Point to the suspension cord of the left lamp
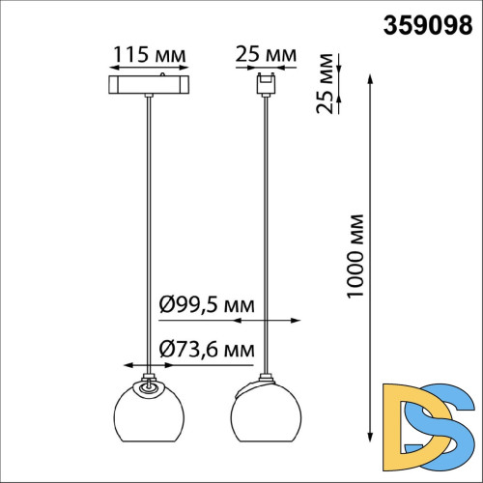click(x=147, y=232)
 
